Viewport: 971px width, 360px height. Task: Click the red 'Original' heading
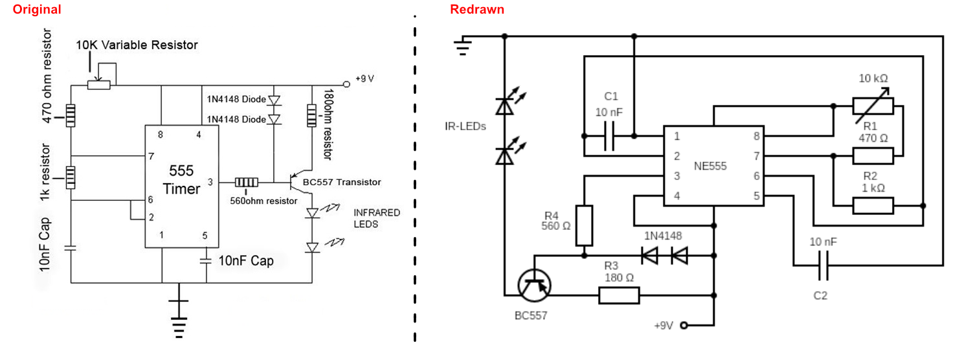[x=37, y=10]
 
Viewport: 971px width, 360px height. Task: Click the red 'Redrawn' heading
[x=477, y=10]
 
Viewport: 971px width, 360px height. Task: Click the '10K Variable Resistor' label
[x=137, y=45]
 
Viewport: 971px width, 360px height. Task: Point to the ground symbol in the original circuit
[x=179, y=317]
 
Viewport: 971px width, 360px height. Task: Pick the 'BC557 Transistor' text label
[x=342, y=183]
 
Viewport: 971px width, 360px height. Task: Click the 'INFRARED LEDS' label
[x=377, y=218]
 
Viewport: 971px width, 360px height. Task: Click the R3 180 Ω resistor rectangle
[x=619, y=296]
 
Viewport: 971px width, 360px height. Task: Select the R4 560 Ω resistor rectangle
[x=584, y=225]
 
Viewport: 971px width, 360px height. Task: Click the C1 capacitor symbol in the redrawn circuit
[x=608, y=137]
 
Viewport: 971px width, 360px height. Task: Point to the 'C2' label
[x=820, y=295]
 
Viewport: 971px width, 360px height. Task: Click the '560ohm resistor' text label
[x=263, y=200]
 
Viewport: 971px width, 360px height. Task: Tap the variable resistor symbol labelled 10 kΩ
[x=873, y=106]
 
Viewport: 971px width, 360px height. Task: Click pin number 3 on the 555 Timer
[x=210, y=182]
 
